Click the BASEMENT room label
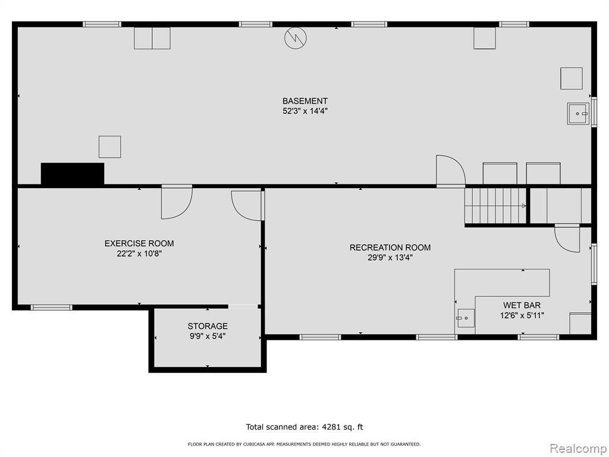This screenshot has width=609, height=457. [x=305, y=101]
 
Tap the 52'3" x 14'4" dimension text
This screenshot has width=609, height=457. [x=305, y=111]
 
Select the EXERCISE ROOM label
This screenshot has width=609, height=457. [x=139, y=243]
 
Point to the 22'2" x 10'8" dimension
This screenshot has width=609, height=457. [x=139, y=253]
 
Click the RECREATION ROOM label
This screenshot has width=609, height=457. [x=390, y=248]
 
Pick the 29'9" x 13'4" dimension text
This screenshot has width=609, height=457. [x=390, y=258]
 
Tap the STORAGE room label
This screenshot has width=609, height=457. [x=208, y=326]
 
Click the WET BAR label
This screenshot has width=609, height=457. [x=522, y=305]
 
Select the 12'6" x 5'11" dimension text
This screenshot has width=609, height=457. [x=522, y=315]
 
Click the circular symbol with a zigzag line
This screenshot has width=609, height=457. [x=296, y=37]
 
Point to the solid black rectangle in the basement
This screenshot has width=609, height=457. [x=73, y=173]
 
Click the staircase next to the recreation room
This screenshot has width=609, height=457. [x=495, y=206]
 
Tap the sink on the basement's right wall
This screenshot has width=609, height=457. [x=578, y=114]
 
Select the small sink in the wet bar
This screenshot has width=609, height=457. [x=465, y=318]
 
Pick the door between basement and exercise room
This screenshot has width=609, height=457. [x=177, y=202]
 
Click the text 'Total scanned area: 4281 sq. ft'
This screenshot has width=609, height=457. [x=304, y=427]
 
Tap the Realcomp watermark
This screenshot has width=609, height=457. [x=578, y=449]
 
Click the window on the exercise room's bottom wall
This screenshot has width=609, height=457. [x=51, y=308]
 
